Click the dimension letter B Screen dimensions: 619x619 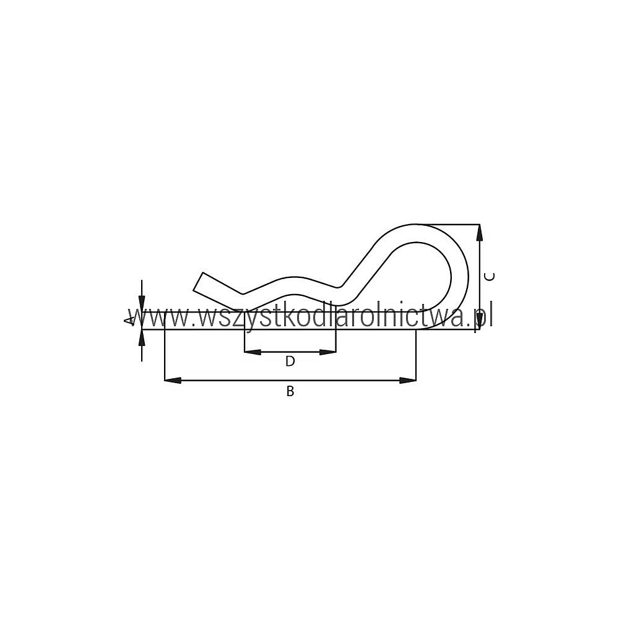290,391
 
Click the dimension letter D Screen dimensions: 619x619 290,361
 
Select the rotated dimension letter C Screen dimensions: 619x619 490,277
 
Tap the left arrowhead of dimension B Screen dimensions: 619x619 173,381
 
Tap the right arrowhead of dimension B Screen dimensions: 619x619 408,381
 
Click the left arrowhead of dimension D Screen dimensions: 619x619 253,352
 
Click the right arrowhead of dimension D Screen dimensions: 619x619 327,352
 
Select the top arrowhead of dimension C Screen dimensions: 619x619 480,233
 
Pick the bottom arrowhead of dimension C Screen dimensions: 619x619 480,321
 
